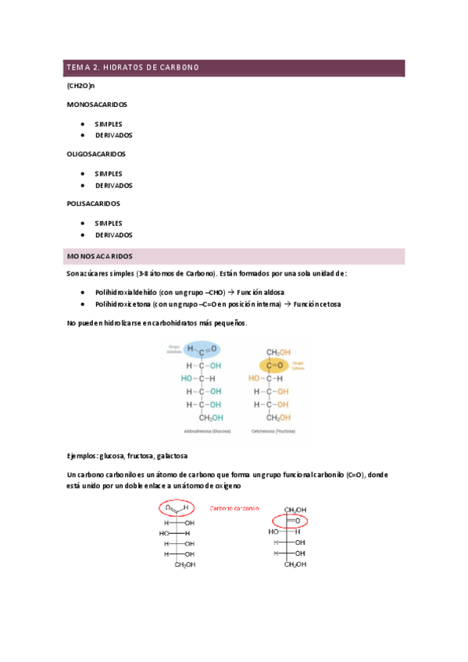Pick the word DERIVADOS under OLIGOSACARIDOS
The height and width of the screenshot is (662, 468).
(x=113, y=186)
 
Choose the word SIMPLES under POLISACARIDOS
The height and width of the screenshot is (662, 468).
(x=109, y=222)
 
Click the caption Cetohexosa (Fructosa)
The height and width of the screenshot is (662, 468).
(x=275, y=430)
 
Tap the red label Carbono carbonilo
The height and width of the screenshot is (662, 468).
(x=234, y=508)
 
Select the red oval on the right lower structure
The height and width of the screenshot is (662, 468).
(x=289, y=520)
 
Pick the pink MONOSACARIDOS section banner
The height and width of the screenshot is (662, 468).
(x=234, y=256)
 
